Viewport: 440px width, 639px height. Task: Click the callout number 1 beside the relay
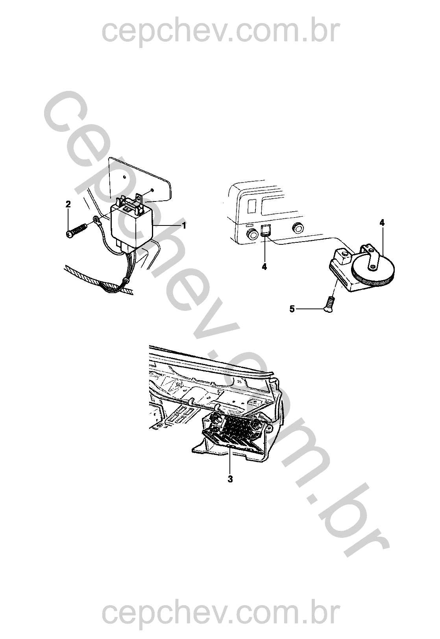184,225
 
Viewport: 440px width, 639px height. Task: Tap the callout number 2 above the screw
68,204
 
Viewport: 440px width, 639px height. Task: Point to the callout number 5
292,309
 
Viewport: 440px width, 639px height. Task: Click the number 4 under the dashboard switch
264,267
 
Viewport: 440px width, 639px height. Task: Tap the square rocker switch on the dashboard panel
266,231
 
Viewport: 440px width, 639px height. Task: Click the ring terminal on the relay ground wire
96,220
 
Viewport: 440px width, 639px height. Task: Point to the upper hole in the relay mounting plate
124,177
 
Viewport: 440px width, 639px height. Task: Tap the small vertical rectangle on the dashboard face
251,206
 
